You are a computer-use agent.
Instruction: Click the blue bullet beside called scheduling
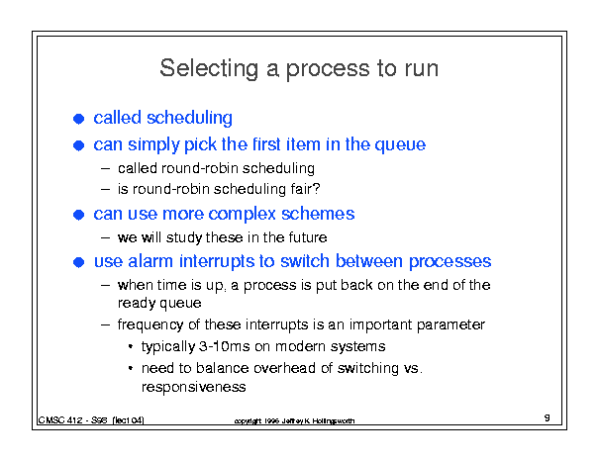click(78, 119)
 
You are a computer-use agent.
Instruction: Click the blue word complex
click(242, 215)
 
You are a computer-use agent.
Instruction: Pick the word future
click(308, 237)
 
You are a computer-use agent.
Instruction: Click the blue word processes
click(449, 262)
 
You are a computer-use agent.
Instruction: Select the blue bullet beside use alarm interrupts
click(78, 262)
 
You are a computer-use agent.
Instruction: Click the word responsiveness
click(194, 387)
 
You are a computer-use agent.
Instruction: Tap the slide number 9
click(548, 417)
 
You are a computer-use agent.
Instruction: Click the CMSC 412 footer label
click(91, 420)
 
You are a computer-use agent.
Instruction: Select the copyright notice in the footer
click(294, 420)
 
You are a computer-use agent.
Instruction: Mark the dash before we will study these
click(106, 237)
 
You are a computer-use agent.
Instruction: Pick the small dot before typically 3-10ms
click(131, 346)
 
